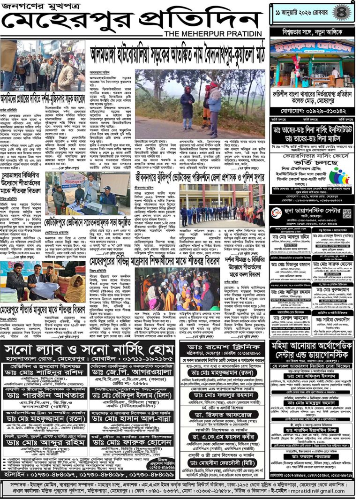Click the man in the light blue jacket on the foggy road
coord(214,104)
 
